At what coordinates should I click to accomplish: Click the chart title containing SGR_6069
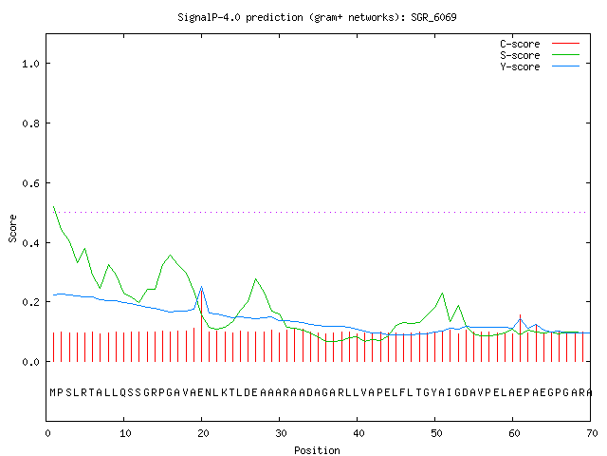[317, 17]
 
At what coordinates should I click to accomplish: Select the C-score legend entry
[540, 44]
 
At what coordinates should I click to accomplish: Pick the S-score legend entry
[540, 55]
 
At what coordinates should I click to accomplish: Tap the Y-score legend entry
[540, 66]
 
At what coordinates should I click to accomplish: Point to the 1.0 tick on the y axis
[30, 64]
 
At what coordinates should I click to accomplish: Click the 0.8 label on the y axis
[30, 123]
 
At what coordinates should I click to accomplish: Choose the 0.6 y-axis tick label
[30, 183]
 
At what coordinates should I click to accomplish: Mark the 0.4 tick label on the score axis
[30, 243]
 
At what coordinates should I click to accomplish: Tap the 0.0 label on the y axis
[30, 362]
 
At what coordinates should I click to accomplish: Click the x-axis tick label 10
[125, 433]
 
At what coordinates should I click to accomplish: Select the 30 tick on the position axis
[281, 433]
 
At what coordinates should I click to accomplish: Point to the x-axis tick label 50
[436, 433]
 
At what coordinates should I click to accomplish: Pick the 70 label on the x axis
[592, 433]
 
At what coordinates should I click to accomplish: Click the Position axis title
[317, 450]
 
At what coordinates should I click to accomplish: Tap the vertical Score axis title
[12, 228]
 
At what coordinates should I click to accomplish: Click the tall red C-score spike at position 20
[201, 325]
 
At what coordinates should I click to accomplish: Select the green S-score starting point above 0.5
[54, 207]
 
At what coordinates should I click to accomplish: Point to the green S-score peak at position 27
[255, 278]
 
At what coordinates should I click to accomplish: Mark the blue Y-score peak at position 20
[201, 287]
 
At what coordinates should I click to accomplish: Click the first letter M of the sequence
[53, 392]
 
